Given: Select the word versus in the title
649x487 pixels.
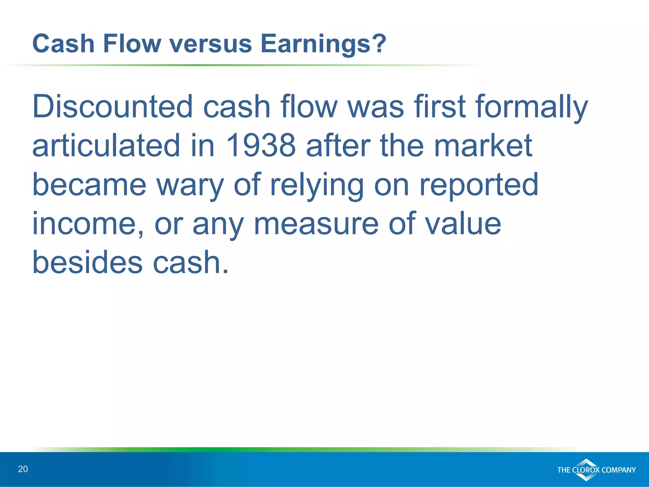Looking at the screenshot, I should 211,44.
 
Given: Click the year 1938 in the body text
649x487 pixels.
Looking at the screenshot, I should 260,146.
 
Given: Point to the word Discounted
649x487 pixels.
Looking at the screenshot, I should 112,107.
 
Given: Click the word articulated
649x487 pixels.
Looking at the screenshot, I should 106,146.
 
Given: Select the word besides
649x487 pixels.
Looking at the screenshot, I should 87,263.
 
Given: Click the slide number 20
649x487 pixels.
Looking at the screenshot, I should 23,469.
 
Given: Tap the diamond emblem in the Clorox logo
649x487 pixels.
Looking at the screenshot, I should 586,469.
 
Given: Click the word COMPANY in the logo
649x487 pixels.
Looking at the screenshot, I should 618,470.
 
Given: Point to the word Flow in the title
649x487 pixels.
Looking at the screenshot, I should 132,44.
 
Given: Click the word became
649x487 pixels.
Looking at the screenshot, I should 89,185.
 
